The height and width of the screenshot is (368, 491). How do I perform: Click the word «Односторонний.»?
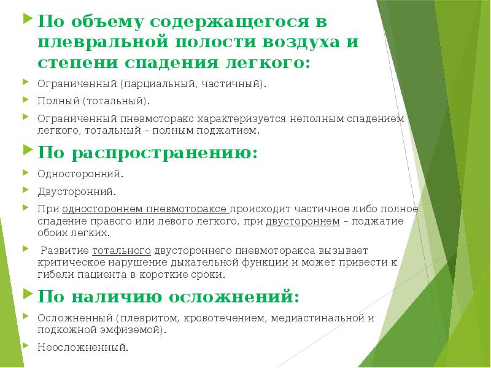(75, 174)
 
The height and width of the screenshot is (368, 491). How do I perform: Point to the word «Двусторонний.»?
(75, 192)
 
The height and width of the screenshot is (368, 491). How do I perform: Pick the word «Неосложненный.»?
(83, 347)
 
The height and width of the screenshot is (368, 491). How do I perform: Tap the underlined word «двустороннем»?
(303, 221)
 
